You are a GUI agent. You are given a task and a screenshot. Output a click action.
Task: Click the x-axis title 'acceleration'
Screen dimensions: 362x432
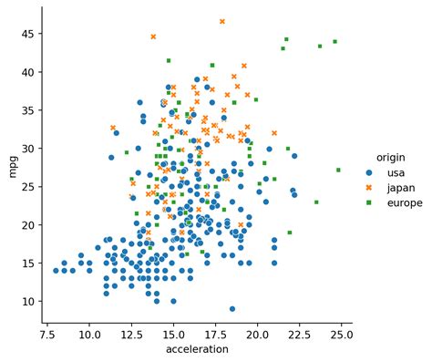point(196,349)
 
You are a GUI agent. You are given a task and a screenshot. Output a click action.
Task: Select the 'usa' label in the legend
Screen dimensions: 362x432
point(395,171)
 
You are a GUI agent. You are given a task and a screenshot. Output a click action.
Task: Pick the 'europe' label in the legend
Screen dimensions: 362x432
point(404,203)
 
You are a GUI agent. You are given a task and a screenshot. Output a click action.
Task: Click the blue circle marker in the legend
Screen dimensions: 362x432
point(369,171)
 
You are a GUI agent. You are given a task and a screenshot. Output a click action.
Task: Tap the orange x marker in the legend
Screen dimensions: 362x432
point(369,187)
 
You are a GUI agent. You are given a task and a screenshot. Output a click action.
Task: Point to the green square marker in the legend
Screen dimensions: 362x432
point(369,203)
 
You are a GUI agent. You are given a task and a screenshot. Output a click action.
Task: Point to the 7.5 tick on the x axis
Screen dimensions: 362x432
point(47,334)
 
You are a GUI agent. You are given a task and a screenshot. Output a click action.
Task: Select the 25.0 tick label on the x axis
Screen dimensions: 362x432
point(342,334)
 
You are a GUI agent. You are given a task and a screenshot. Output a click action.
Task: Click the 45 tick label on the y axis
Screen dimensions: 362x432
point(28,33)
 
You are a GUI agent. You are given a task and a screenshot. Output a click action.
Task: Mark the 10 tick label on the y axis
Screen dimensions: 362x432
point(28,301)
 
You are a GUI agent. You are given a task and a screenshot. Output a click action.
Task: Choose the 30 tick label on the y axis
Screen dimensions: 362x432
point(28,148)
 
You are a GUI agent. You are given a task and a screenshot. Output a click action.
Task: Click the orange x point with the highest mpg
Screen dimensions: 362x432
point(221,21)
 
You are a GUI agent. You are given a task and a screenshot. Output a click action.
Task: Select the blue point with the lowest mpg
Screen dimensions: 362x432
point(232,308)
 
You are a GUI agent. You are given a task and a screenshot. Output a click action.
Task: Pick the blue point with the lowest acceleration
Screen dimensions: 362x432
point(57,270)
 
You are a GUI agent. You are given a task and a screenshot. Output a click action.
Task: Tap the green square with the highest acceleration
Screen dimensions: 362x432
point(338,170)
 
